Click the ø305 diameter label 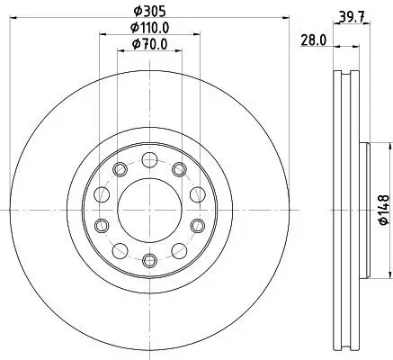[147, 12]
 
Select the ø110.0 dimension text [148, 29]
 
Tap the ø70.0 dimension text [148, 44]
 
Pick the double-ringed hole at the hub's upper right [179, 170]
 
